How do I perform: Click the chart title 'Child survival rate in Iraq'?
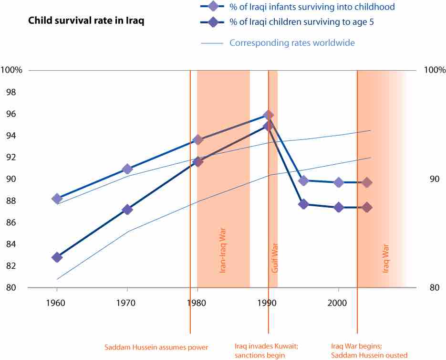coord(86,21)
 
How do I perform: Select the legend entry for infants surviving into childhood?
coord(312,7)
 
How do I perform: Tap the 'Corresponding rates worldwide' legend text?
coord(292,43)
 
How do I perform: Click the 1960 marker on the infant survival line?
coord(57,199)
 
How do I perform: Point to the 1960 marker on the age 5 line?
coord(57,257)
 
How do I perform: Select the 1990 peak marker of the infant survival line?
coord(268,115)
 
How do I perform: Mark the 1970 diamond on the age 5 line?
coord(127,210)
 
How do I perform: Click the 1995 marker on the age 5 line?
coord(303,204)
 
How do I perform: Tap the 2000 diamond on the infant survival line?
coord(339,182)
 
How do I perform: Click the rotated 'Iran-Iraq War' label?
coord(222,254)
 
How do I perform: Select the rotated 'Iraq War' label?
coord(386,258)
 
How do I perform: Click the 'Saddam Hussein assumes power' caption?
coord(156,347)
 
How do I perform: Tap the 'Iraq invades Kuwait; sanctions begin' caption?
coord(267,351)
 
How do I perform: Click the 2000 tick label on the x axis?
coord(338,303)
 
